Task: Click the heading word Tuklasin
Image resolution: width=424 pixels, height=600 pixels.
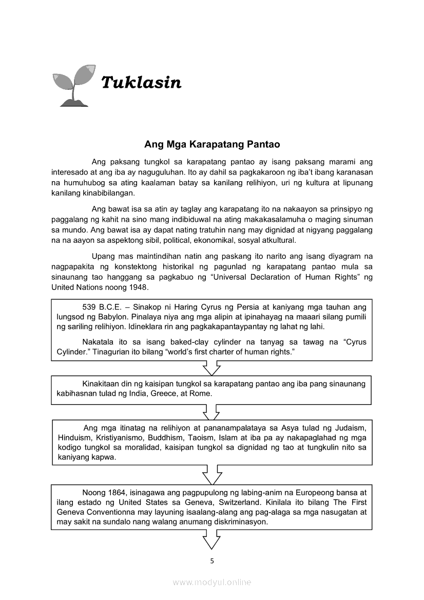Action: tap(141, 82)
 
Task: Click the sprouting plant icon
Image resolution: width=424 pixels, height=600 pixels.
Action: tap(74, 85)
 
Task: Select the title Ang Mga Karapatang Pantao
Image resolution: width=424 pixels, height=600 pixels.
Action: tap(211, 144)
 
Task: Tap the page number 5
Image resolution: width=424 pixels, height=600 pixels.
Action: tap(212, 560)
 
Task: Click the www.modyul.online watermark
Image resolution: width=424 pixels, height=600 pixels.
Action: tap(212, 582)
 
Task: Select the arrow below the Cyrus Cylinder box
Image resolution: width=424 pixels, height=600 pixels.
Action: tap(211, 368)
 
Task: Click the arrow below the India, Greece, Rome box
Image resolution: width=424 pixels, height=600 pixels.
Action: tap(211, 412)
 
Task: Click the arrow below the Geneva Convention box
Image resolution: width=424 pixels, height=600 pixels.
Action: tap(211, 539)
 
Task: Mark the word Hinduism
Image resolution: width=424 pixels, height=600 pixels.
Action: tap(71, 437)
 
